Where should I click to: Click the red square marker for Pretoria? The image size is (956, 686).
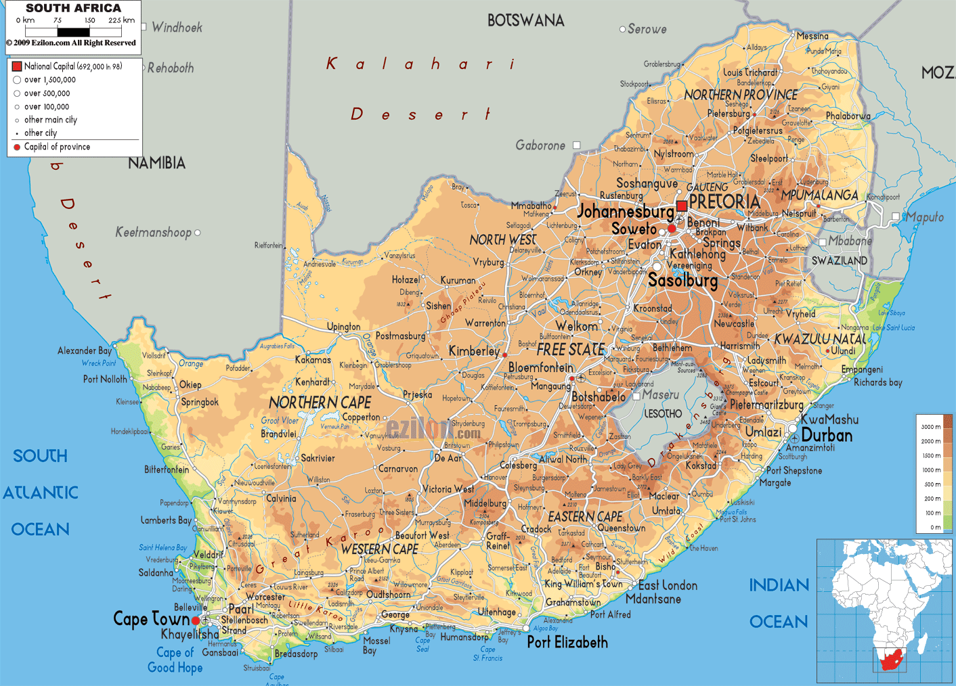682,206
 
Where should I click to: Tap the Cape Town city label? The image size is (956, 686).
151,619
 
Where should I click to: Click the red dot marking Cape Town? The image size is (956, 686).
196,620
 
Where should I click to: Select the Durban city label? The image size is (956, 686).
827,436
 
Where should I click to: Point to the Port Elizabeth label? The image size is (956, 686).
567,643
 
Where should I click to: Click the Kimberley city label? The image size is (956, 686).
474,351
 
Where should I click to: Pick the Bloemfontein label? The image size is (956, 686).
541,367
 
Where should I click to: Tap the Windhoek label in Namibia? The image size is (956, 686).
177,28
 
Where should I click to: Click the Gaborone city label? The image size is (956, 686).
540,145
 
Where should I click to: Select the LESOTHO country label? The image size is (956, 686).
663,413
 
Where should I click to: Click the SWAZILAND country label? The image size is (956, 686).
840,260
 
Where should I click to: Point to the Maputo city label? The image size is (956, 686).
925,217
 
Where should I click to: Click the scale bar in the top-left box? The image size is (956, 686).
74,31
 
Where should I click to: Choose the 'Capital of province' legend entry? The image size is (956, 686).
57,147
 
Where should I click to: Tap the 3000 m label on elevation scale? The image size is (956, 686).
930,427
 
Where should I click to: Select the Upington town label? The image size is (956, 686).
344,327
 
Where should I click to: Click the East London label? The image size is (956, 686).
668,585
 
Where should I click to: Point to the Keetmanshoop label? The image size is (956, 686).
153,233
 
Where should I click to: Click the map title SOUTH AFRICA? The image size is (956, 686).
73,8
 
